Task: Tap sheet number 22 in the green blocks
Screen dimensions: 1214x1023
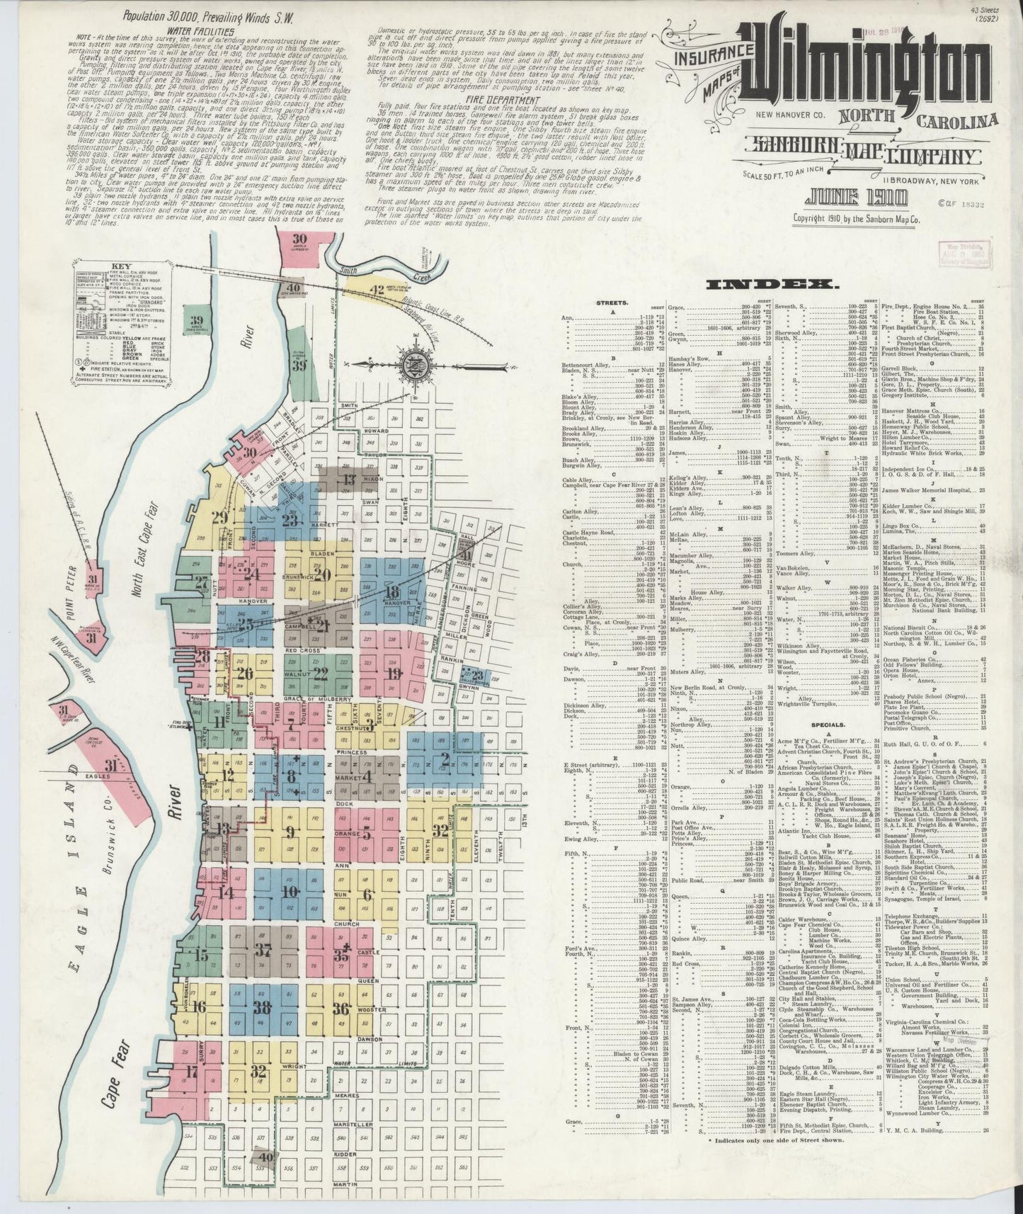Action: pyautogui.click(x=321, y=672)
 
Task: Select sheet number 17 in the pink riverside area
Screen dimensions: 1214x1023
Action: pyautogui.click(x=190, y=1070)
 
